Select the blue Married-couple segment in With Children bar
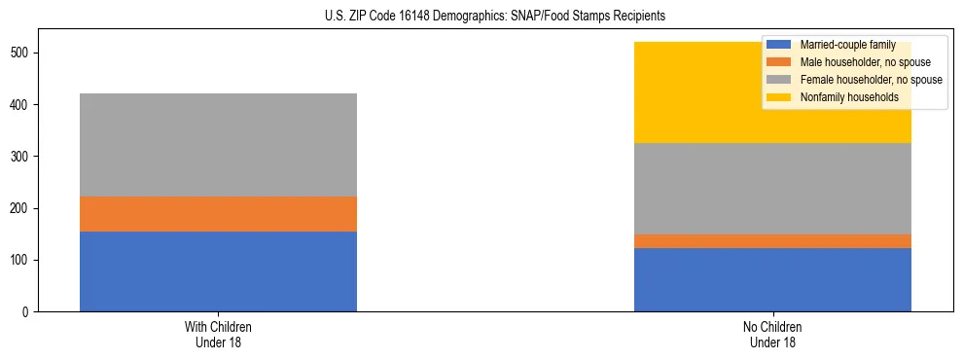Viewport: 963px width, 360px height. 218,271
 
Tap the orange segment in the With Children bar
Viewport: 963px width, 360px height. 218,214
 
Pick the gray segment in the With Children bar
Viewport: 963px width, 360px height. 218,145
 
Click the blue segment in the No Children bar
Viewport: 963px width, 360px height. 772,280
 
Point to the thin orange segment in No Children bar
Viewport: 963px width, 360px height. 772,241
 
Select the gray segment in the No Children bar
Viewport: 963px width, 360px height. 772,189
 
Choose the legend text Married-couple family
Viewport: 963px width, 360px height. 847,45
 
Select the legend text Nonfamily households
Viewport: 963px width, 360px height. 842,97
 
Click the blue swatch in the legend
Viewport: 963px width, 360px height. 779,45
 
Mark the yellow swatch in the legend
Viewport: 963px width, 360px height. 779,97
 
